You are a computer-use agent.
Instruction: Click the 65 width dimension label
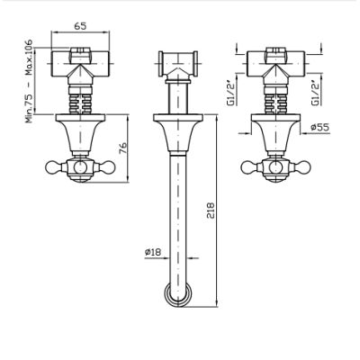80,26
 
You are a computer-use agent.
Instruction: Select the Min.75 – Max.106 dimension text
29,81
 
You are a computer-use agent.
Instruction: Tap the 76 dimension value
123,148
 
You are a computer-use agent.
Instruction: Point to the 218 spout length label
211,211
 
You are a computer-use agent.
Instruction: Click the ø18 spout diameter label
153,252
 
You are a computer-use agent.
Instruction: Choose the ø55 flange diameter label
319,127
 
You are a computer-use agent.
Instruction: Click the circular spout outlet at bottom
178,294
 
